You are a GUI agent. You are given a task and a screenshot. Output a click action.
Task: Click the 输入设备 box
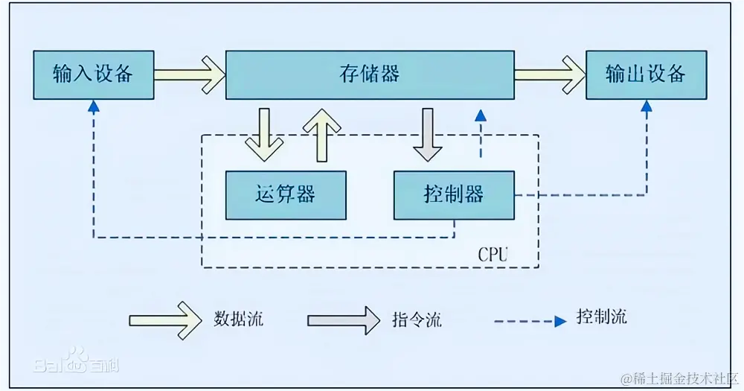pos(94,74)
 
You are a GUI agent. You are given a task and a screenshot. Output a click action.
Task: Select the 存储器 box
pos(370,74)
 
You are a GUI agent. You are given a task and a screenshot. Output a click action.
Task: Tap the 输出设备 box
pos(645,74)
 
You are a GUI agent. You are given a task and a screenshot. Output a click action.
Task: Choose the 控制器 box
pos(454,195)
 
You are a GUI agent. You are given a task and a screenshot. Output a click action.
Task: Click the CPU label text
pos(493,255)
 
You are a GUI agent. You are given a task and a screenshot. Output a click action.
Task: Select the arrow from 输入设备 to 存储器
pos(190,74)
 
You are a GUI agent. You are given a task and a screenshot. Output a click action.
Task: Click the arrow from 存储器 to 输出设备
pos(549,74)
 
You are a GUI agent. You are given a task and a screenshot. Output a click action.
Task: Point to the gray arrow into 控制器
pos(428,134)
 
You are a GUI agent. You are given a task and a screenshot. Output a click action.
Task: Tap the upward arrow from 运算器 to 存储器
pos(321,134)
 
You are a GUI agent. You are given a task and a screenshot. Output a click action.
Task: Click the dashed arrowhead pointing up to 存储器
pos(481,116)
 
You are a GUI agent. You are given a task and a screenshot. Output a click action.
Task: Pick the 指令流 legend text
pos(417,320)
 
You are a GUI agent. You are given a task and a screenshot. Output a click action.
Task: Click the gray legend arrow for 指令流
pos(343,320)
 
